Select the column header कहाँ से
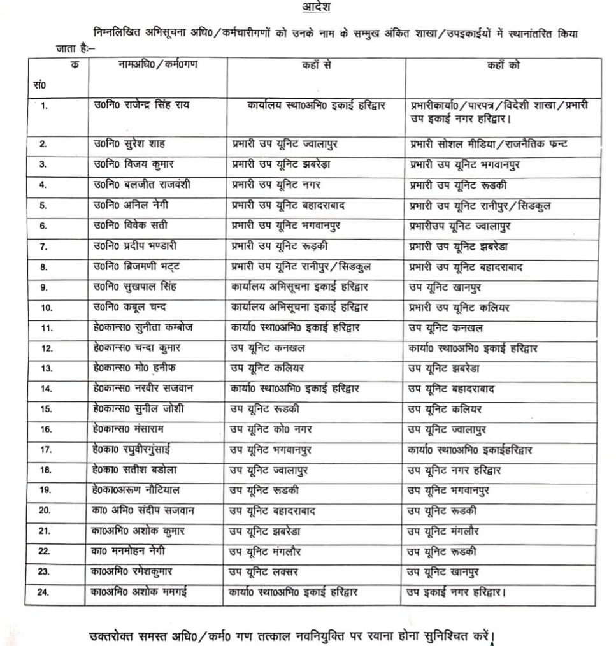316,66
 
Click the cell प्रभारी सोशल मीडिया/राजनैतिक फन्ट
489,144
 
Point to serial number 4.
43,185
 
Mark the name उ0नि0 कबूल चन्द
129,307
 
